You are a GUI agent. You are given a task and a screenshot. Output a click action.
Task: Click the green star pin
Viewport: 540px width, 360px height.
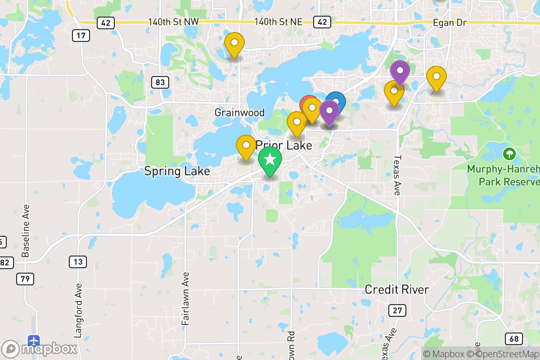(270, 160)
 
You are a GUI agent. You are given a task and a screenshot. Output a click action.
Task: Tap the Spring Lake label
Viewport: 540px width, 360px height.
(177, 171)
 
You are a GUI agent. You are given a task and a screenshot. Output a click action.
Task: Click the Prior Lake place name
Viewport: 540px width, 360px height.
(284, 145)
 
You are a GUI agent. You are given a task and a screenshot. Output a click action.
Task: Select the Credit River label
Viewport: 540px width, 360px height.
(397, 289)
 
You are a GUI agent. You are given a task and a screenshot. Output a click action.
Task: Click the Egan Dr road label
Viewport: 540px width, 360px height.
(450, 22)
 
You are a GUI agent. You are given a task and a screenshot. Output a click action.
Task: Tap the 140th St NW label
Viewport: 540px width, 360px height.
(173, 22)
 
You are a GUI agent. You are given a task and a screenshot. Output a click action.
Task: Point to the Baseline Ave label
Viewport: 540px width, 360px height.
(25, 231)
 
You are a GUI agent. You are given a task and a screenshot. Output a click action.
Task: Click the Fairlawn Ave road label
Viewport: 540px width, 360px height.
(185, 298)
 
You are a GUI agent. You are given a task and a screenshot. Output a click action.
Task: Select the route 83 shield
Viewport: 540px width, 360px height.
(161, 82)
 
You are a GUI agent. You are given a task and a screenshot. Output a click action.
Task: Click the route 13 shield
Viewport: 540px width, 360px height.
(78, 261)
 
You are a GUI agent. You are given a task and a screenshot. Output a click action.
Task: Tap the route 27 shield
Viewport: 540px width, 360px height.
(397, 310)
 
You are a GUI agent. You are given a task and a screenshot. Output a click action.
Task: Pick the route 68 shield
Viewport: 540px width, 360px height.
(513, 338)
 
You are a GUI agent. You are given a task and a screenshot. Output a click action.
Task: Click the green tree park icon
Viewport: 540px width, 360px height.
(509, 154)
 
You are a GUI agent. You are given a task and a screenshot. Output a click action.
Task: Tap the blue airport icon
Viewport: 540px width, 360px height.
(34, 340)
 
